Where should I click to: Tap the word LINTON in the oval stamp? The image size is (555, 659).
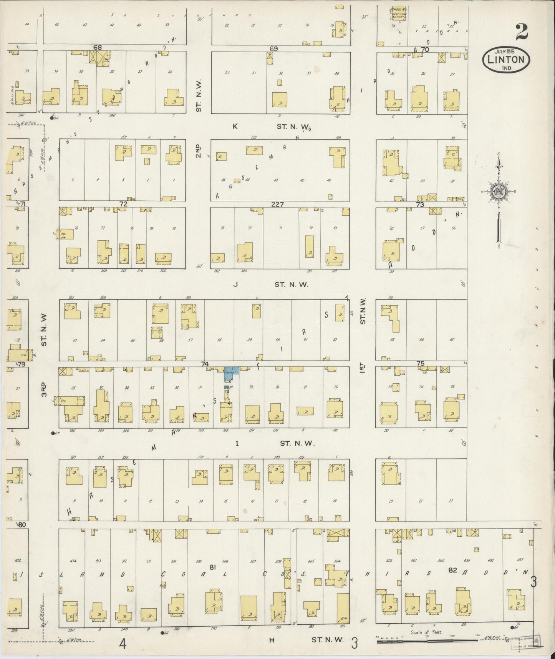(x=506, y=60)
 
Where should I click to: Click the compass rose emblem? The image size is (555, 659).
(x=498, y=191)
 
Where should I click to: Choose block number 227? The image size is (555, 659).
(x=277, y=205)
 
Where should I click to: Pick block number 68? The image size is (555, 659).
(x=97, y=47)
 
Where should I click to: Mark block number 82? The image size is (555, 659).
(x=453, y=570)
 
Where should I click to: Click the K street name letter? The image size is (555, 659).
(x=235, y=126)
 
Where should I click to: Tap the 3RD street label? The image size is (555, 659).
(x=45, y=389)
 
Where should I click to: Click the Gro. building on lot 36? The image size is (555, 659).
(x=72, y=401)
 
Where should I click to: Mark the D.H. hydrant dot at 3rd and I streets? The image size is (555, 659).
(x=53, y=433)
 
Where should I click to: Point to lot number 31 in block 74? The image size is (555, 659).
(x=200, y=387)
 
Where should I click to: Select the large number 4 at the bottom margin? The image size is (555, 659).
(x=122, y=643)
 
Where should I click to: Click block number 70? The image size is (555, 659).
(x=424, y=49)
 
